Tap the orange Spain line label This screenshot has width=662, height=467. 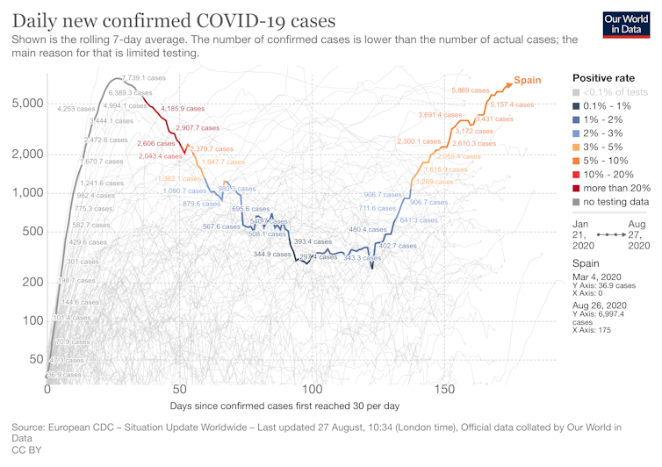click(x=527, y=80)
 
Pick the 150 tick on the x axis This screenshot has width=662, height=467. click(x=444, y=389)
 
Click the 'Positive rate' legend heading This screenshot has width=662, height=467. click(x=603, y=77)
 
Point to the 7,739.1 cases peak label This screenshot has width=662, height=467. click(x=143, y=78)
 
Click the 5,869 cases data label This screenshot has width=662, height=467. click(x=471, y=90)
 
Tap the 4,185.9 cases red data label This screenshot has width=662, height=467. click(x=183, y=108)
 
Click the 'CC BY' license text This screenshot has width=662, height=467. click(x=25, y=449)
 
